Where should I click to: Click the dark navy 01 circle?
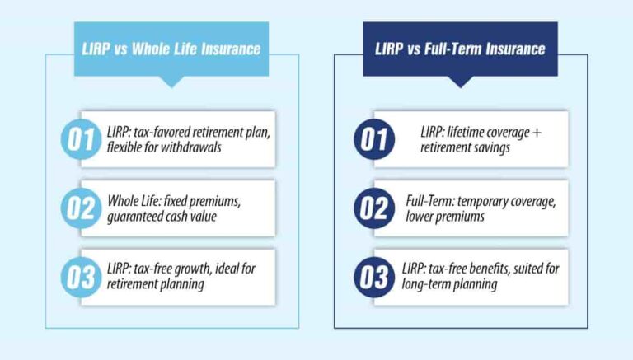375,139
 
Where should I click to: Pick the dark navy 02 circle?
375,208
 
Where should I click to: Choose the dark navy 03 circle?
375,278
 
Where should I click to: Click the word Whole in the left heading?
161,49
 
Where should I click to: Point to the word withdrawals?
198,147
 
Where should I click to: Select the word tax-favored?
162,132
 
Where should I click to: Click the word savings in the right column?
492,147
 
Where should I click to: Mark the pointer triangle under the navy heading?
460,82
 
